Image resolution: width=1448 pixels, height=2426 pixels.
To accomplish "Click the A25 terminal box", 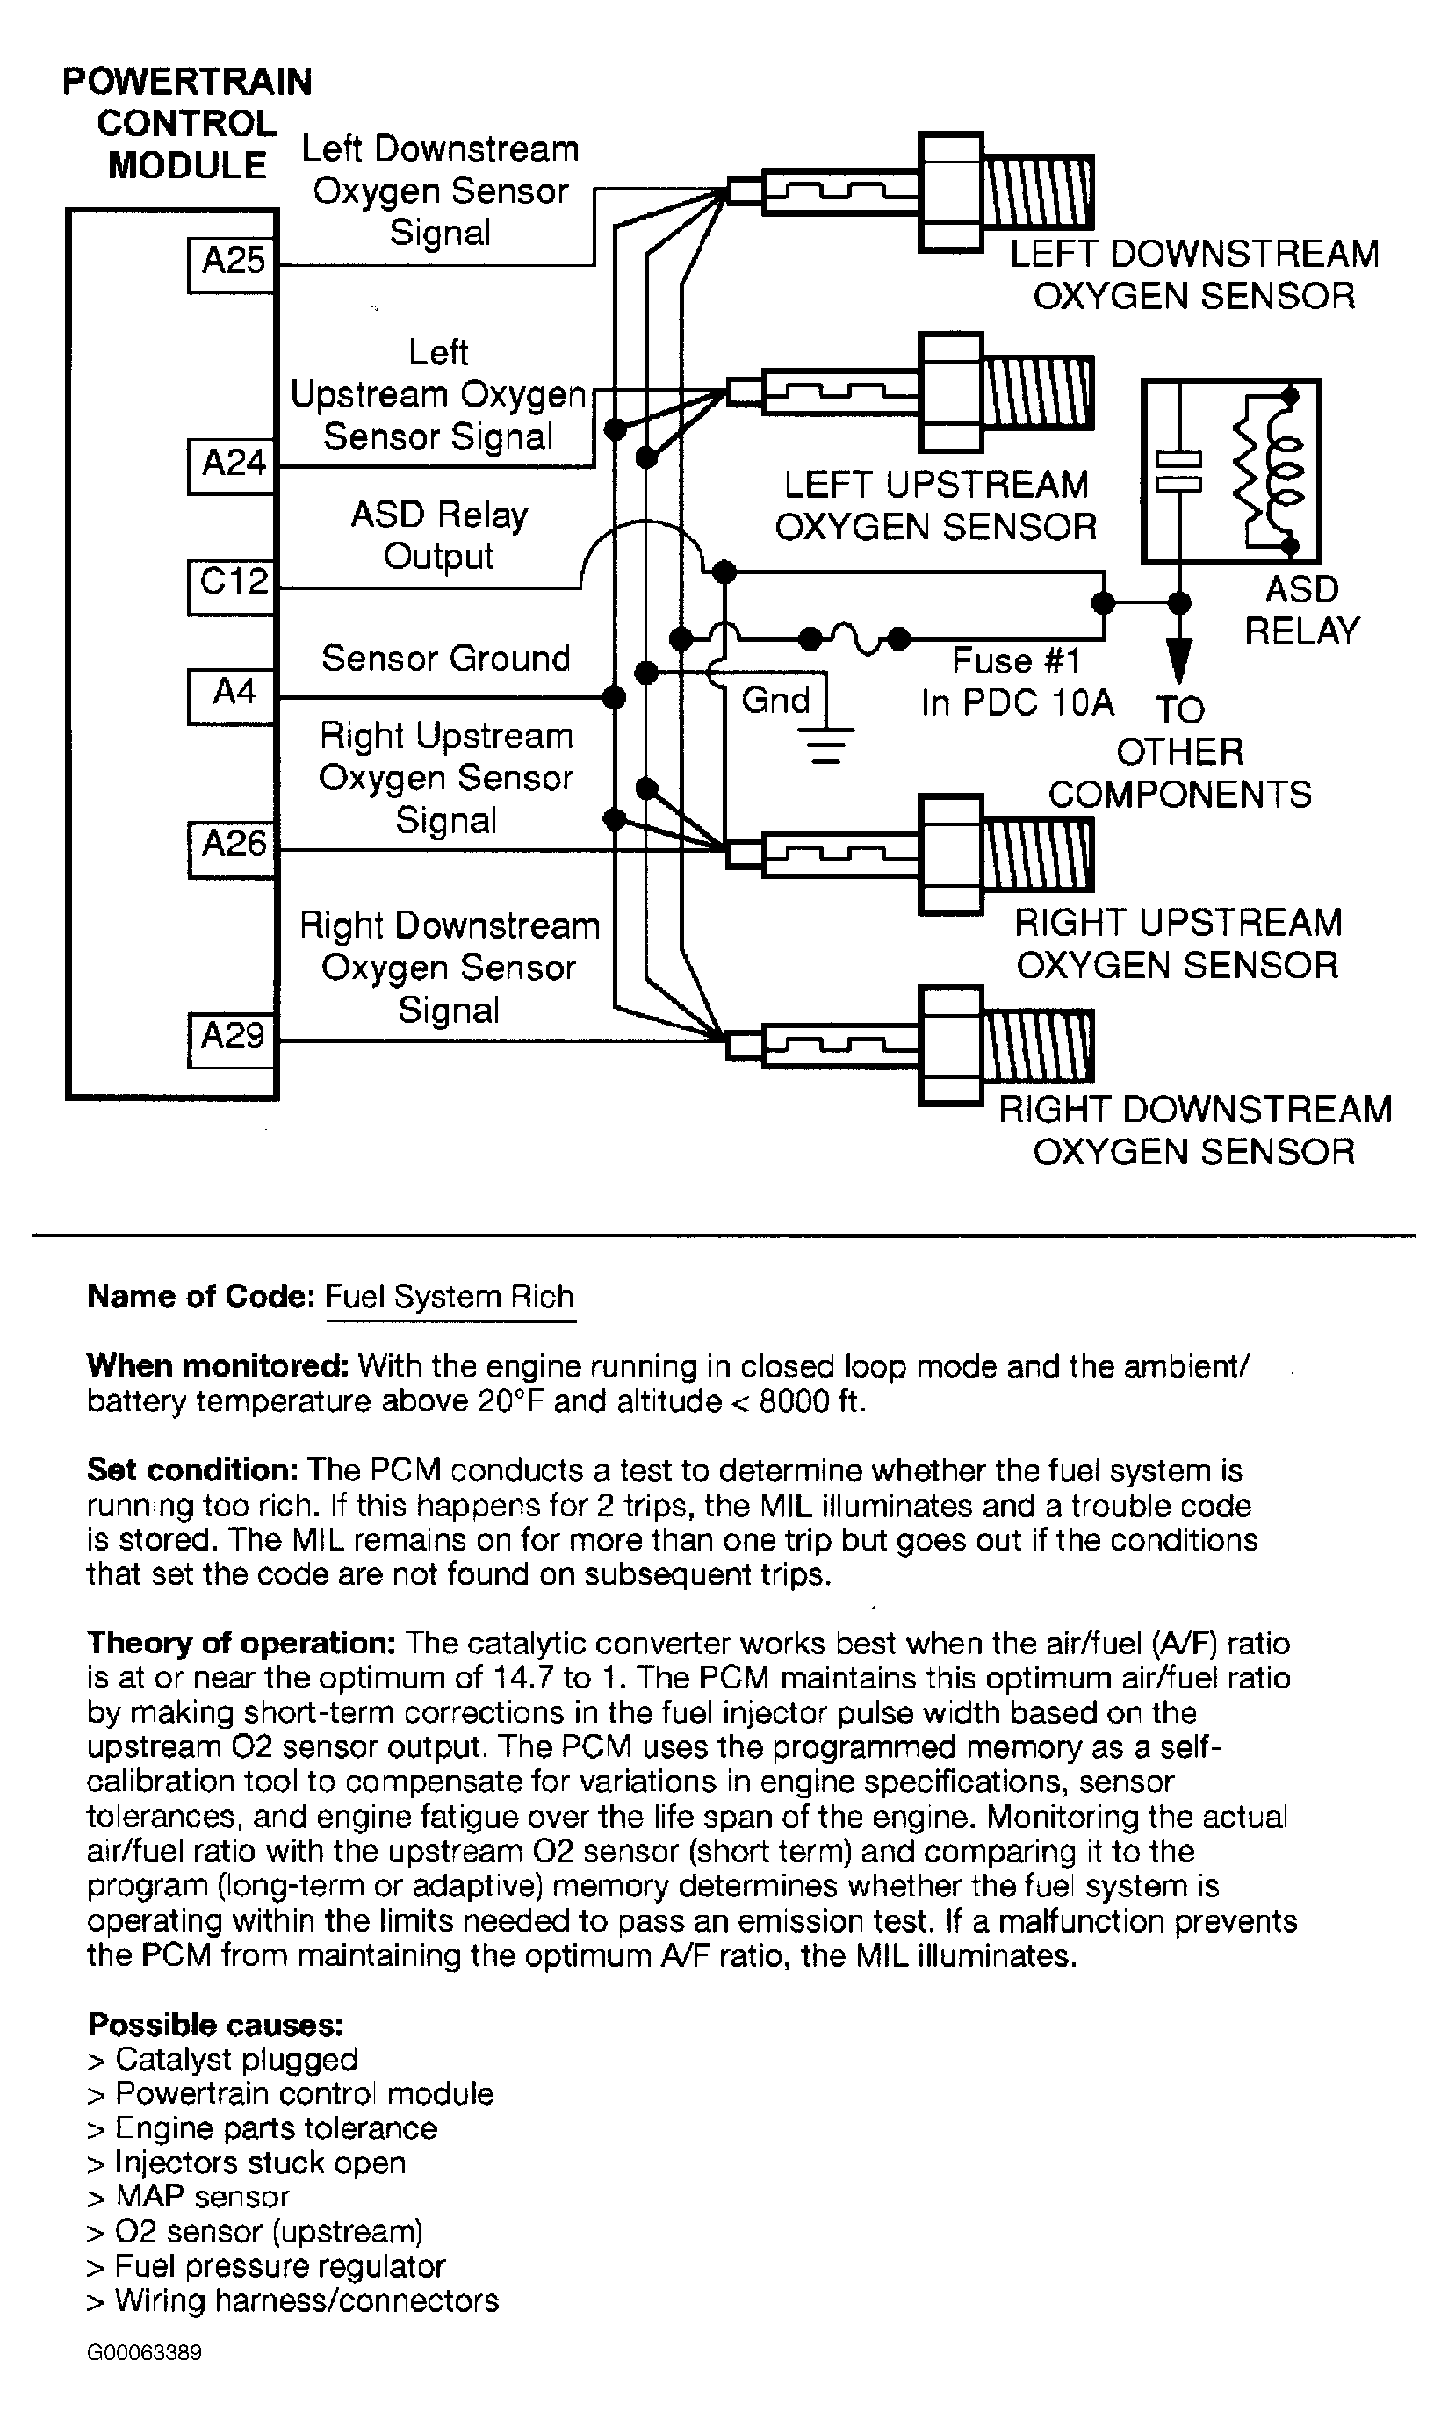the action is [x=232, y=263].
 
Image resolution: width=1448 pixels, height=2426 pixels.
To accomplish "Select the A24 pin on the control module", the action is [x=232, y=464].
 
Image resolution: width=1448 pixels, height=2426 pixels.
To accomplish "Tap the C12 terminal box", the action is [x=232, y=586].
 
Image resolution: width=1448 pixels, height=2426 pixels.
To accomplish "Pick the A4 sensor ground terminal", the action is [x=232, y=695].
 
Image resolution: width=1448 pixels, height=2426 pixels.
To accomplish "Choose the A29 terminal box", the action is [x=232, y=1040].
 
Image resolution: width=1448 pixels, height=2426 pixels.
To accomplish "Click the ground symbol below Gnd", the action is [x=826, y=745].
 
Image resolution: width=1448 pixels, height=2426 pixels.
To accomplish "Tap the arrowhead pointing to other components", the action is [x=1178, y=661].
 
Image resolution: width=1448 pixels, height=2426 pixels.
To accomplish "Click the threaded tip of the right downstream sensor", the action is [x=1036, y=1046].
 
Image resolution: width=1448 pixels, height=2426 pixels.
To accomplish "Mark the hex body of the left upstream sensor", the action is [x=950, y=392].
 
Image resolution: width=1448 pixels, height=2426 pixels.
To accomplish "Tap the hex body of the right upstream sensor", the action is [x=950, y=853].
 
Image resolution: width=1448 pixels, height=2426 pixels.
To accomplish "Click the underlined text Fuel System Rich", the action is [x=449, y=1296].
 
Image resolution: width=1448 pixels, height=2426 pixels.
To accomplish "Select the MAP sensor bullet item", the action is [x=188, y=2196].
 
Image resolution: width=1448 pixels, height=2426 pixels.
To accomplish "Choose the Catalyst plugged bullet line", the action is [x=222, y=2059].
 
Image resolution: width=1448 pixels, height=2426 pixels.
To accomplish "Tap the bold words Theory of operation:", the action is [x=241, y=1643].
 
